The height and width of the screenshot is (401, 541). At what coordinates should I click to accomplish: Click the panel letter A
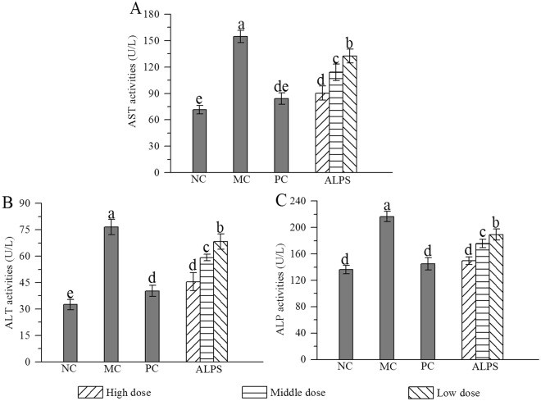pos(136,10)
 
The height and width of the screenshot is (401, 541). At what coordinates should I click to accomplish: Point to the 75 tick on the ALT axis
pos(36,230)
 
